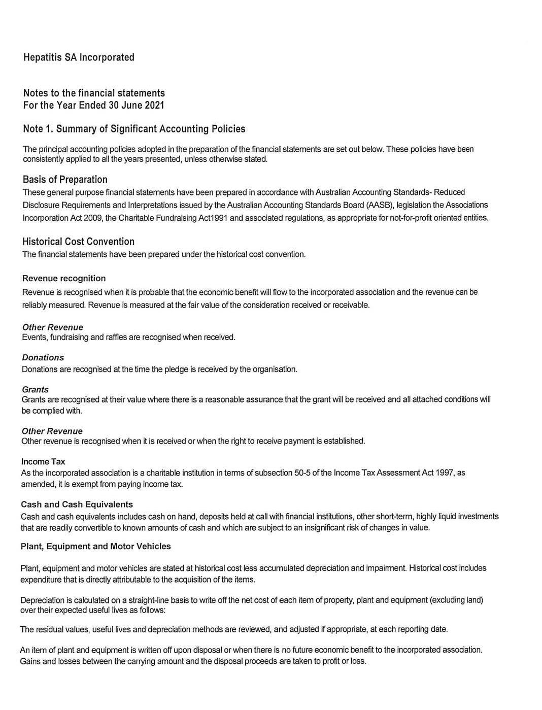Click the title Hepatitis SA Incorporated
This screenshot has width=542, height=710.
[x=79, y=57]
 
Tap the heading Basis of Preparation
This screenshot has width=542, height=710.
[x=65, y=180]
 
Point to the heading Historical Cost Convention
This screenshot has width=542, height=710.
[x=78, y=242]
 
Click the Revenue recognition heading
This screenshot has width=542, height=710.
[x=64, y=278]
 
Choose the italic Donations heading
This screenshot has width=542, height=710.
[x=43, y=358]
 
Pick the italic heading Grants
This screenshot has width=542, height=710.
[x=35, y=389]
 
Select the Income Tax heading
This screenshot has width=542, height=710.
[x=43, y=462]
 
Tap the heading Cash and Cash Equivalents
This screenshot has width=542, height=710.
[x=77, y=504]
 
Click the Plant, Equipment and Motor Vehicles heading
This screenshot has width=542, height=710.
[x=96, y=547]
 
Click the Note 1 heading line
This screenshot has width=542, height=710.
[x=134, y=129]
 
